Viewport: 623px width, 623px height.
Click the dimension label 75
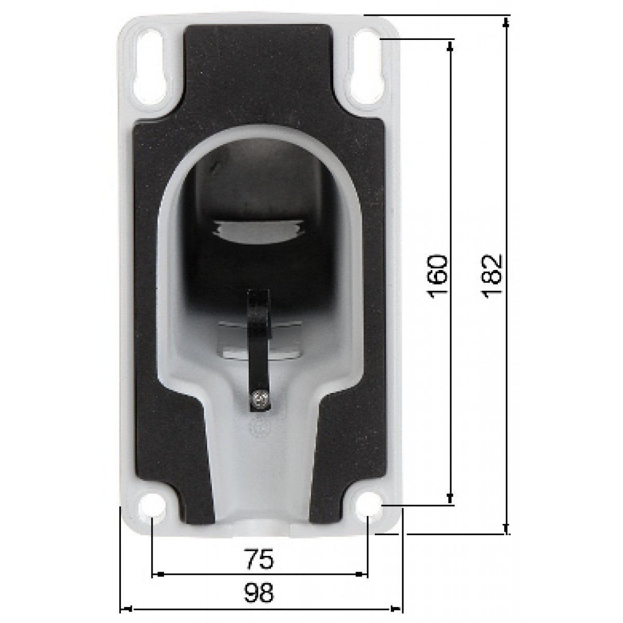pyautogui.click(x=259, y=560)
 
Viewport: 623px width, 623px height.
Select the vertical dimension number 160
pyautogui.click(x=438, y=276)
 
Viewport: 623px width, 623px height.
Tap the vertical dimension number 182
pyautogui.click(x=492, y=276)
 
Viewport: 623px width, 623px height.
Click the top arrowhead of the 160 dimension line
pyautogui.click(x=450, y=46)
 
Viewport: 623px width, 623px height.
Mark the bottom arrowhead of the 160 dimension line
pyautogui.click(x=450, y=499)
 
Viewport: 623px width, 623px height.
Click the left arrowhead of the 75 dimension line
pyautogui.click(x=159, y=574)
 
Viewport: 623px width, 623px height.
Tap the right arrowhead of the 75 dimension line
pyautogui.click(x=360, y=574)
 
